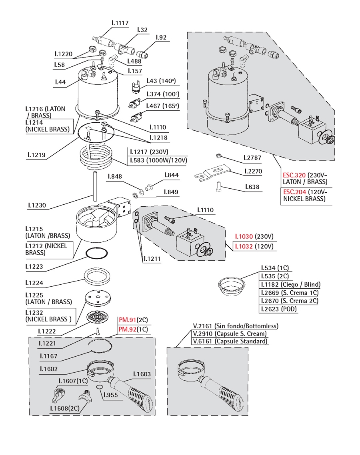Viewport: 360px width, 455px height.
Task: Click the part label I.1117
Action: [x=120, y=23]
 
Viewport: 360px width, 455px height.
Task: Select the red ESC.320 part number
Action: [x=294, y=175]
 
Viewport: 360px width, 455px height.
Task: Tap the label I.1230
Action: [x=37, y=206]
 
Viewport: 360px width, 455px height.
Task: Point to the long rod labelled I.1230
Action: [x=95, y=186]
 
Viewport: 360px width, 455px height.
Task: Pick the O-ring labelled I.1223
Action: [x=97, y=253]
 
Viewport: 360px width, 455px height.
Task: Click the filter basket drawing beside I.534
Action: [x=231, y=286]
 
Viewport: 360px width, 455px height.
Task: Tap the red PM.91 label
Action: [x=128, y=320]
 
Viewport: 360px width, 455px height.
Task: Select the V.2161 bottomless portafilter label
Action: [x=236, y=326]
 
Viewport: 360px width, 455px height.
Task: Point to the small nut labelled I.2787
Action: [x=219, y=156]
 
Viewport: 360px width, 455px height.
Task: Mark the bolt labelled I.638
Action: [x=219, y=186]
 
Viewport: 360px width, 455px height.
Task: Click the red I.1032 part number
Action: [x=244, y=246]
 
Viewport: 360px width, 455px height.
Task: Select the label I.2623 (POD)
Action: [x=279, y=309]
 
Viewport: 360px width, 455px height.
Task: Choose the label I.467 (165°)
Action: [x=162, y=106]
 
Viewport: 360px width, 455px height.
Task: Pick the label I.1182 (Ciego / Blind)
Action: [x=291, y=285]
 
